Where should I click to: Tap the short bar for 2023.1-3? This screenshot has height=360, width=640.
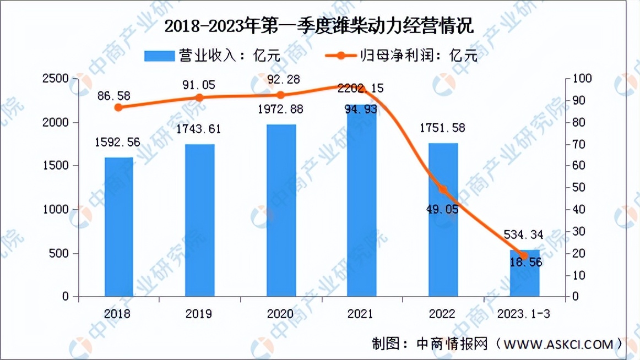click(524, 281)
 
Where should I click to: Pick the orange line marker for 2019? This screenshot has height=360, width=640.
click(199, 98)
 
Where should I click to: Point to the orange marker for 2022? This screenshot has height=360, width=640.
click(443, 190)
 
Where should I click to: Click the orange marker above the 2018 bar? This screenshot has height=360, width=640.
click(118, 107)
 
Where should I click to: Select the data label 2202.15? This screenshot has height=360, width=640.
click(361, 88)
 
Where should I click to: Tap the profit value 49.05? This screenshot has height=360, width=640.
click(443, 210)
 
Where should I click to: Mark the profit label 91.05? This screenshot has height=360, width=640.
click(199, 85)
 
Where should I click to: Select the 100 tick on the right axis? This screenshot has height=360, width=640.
click(583, 79)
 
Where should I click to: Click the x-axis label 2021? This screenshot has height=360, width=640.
click(361, 314)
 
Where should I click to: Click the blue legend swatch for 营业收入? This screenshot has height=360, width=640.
click(159, 56)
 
